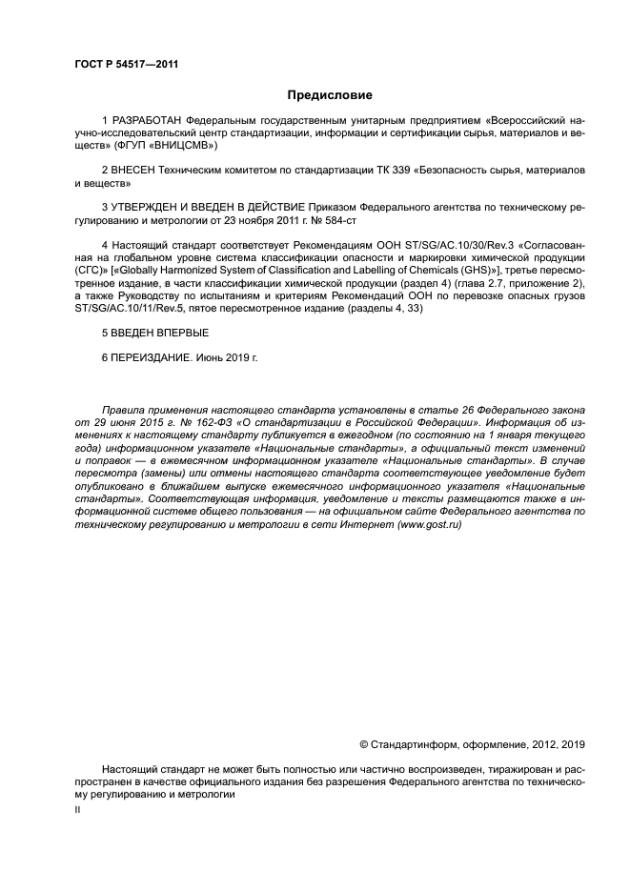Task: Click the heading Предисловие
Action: pos(330,95)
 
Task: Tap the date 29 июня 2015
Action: pos(125,419)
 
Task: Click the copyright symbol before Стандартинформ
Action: pos(363,744)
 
